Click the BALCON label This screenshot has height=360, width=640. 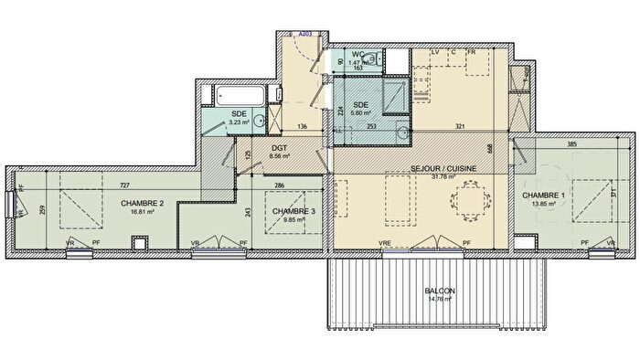click(440, 291)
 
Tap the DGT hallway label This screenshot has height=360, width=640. click(280, 147)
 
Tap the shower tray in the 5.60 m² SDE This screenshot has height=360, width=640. click(396, 95)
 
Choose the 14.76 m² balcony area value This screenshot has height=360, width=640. click(440, 299)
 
